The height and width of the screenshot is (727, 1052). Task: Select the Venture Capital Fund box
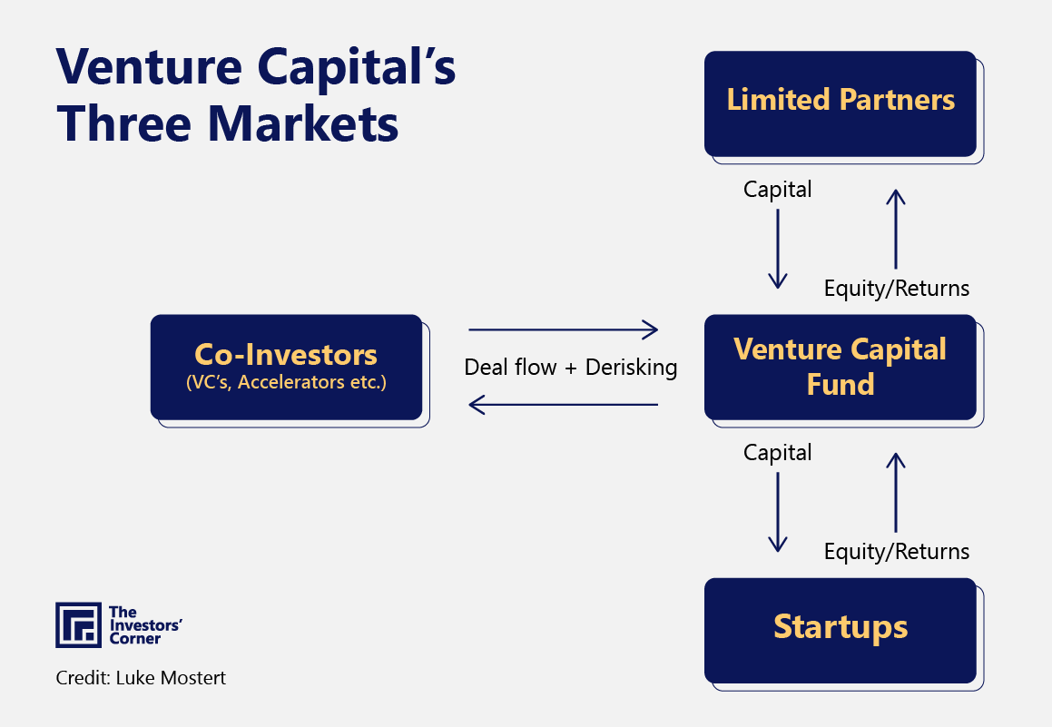tap(841, 367)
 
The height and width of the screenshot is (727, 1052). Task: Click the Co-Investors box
tap(286, 367)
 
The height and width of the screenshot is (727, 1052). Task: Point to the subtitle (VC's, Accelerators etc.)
tap(286, 382)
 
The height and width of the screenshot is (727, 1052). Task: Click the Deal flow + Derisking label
tap(571, 368)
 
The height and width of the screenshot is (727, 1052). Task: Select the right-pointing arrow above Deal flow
tap(563, 329)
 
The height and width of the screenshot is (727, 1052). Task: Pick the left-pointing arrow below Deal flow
tap(563, 405)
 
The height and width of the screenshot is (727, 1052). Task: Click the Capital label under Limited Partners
tap(778, 189)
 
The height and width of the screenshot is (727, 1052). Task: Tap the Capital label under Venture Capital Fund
tap(778, 452)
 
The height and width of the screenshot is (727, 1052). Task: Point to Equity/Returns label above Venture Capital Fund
tap(896, 289)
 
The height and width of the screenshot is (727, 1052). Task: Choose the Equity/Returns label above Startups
tap(896, 551)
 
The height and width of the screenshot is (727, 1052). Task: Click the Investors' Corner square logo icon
tap(78, 624)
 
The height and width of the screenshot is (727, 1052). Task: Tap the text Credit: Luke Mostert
tap(141, 678)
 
